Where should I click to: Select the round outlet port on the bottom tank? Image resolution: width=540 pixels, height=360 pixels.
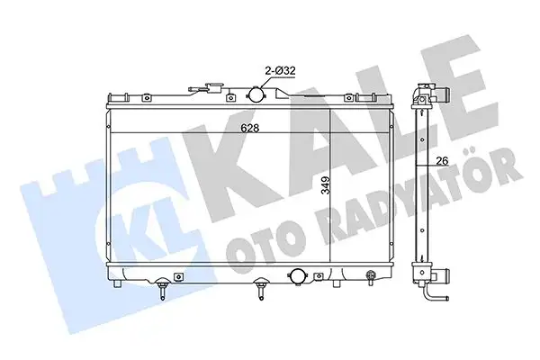[294, 275]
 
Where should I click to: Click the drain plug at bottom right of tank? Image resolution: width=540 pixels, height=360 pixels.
[368, 277]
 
